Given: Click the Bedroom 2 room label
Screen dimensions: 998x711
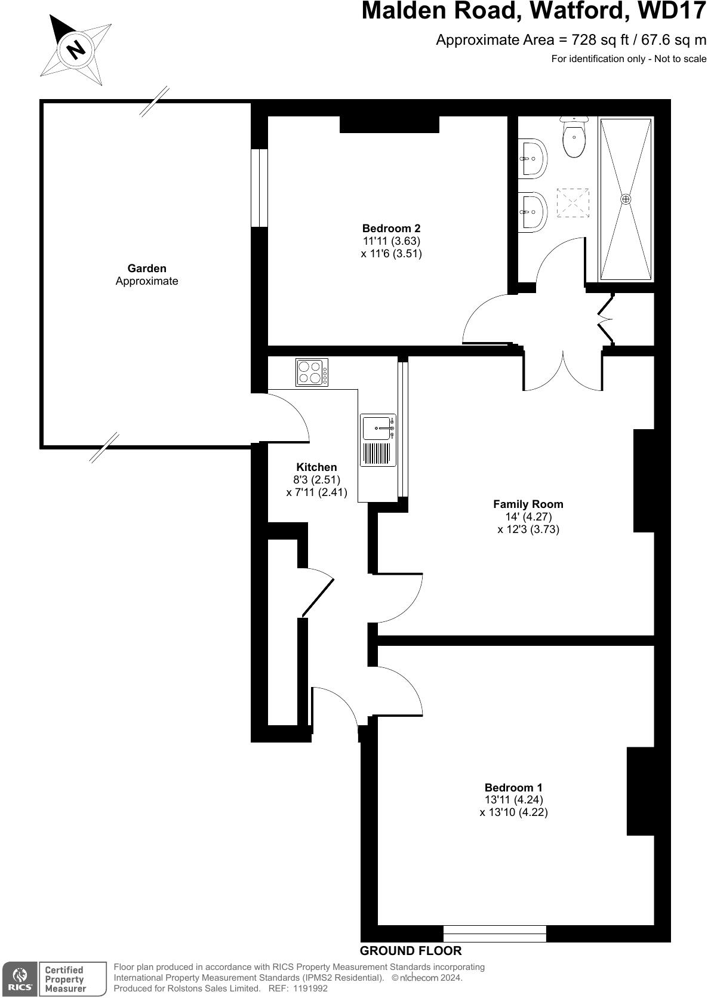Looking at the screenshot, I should pyautogui.click(x=391, y=228).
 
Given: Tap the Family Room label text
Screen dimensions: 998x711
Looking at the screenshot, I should pyautogui.click(x=528, y=504).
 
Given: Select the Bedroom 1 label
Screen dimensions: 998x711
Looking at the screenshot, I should pyautogui.click(x=513, y=787).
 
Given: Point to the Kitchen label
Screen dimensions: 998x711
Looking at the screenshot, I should pyautogui.click(x=316, y=467).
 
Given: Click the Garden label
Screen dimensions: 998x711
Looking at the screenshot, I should pyautogui.click(x=147, y=269).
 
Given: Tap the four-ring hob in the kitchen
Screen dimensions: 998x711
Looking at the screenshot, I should pyautogui.click(x=311, y=372).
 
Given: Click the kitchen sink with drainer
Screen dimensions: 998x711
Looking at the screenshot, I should pyautogui.click(x=378, y=440).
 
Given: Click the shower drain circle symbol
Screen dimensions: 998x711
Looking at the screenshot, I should pyautogui.click(x=626, y=199).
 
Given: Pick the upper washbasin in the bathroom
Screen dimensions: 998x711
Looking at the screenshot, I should pyautogui.click(x=533, y=158).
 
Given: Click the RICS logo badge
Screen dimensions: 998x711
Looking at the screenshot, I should pyautogui.click(x=20, y=979).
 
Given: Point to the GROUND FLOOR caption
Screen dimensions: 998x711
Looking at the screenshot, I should pyautogui.click(x=411, y=951).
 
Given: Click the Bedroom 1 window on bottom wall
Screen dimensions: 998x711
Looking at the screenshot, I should pyautogui.click(x=494, y=933).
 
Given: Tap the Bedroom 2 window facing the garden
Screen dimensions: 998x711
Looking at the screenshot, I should pyautogui.click(x=259, y=187).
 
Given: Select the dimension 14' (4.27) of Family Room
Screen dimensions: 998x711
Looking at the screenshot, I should pyautogui.click(x=528, y=517).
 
